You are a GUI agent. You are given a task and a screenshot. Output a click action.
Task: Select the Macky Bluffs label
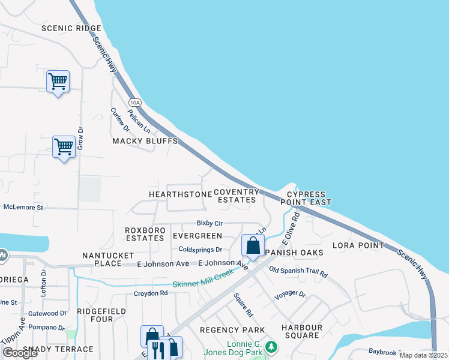(x=145, y=141)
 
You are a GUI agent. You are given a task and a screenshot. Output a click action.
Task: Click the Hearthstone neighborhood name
(x=180, y=194)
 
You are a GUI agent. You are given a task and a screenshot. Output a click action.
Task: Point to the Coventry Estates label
(x=237, y=196)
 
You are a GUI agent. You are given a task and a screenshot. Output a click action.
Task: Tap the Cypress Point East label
(x=306, y=199)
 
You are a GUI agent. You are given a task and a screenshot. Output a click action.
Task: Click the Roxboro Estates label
(x=144, y=234)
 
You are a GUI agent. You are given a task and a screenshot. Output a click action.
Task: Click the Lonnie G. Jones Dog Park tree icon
(x=272, y=346)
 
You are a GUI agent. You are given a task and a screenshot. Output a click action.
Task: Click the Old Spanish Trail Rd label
(x=298, y=272)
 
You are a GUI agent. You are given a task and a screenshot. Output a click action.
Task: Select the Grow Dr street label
(x=80, y=137)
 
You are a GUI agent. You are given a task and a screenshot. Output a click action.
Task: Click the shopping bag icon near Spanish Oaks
(x=253, y=245)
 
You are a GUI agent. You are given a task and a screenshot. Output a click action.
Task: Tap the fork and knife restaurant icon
(x=157, y=349)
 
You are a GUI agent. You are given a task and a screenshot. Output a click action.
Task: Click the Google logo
(x=20, y=353)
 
